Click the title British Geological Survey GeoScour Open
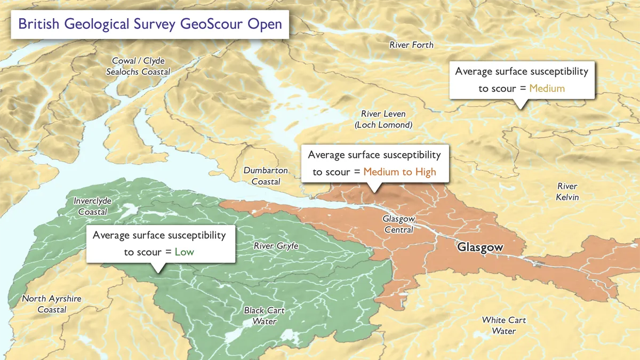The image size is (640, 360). (150, 25)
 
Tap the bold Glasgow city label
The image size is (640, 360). (480, 247)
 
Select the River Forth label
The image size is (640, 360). (411, 45)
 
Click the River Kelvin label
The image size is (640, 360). (567, 192)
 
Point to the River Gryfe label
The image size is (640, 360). (276, 246)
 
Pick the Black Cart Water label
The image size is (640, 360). (264, 316)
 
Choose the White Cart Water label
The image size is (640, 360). (503, 325)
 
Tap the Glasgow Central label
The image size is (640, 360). (398, 225)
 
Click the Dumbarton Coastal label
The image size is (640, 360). (266, 176)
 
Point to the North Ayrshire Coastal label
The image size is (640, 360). (52, 304)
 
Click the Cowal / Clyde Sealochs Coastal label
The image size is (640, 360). (138, 66)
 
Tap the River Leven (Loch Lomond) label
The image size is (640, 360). (383, 119)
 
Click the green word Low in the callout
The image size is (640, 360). (184, 252)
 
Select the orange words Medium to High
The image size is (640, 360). (399, 172)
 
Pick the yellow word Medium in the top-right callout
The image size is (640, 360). (547, 89)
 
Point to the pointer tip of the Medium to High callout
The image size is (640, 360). (375, 192)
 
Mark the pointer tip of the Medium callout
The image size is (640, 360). (521, 109)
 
